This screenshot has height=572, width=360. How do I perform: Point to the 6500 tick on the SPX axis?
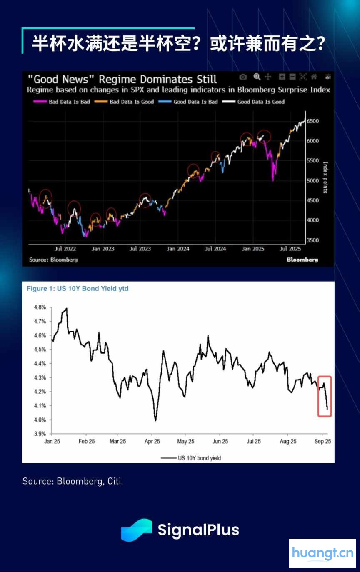(x=313, y=121)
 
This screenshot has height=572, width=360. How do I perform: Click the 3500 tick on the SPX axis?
(x=313, y=240)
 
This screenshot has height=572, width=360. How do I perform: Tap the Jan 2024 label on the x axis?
(x=178, y=249)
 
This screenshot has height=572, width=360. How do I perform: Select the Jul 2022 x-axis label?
(x=65, y=249)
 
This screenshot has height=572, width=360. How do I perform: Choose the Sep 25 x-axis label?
(x=322, y=442)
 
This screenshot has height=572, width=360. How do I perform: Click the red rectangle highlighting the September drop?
(x=325, y=396)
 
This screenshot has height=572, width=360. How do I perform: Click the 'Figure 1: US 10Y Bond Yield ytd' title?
(x=77, y=288)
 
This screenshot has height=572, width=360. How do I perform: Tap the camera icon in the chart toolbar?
(x=243, y=77)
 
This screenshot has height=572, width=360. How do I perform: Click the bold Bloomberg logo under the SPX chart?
(x=302, y=260)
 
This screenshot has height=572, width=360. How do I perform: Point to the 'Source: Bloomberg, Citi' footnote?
(x=72, y=481)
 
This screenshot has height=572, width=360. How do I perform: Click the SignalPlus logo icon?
(x=136, y=530)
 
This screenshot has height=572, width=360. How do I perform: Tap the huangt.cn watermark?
(x=322, y=553)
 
